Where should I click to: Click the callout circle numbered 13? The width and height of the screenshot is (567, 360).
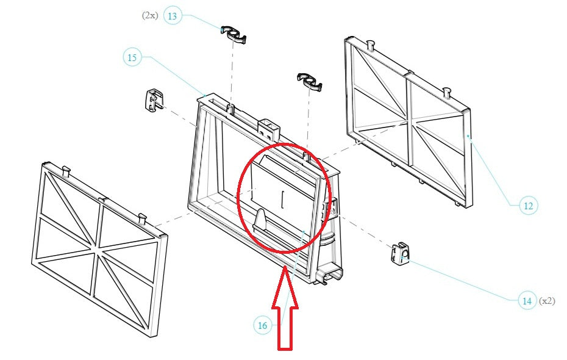tap(173, 16)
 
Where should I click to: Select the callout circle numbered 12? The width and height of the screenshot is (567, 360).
tap(528, 206)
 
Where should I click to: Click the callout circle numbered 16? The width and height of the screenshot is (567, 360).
tap(262, 326)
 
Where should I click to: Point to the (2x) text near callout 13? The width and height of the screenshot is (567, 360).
tap(150, 16)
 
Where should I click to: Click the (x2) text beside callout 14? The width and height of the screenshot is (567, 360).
tap(547, 300)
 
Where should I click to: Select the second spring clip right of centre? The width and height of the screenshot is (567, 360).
tap(310, 81)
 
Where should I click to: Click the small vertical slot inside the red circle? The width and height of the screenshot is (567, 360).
tap(282, 199)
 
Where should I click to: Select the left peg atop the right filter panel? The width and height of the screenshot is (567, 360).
tap(371, 43)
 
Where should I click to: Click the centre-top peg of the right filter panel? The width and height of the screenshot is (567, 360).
tap(449, 92)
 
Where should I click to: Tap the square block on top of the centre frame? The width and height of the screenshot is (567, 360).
tap(268, 127)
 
